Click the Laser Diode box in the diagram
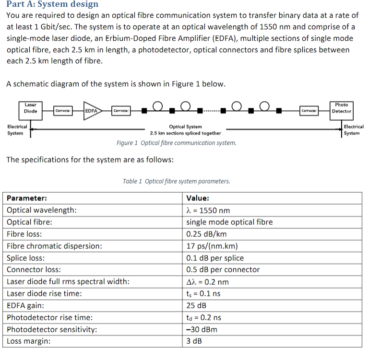click(31, 108)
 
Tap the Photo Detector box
click(341, 108)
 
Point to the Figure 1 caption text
click(176, 143)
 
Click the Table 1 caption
click(176, 181)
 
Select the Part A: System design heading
click(52, 4)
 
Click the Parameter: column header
click(27, 198)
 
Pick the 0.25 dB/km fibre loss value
click(206, 234)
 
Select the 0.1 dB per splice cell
click(215, 258)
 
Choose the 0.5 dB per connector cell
click(223, 269)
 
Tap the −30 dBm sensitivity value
click(202, 329)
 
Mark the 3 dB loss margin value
click(194, 341)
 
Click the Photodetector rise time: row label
click(50, 317)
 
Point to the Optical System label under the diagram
click(185, 127)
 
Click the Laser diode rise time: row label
click(44, 293)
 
